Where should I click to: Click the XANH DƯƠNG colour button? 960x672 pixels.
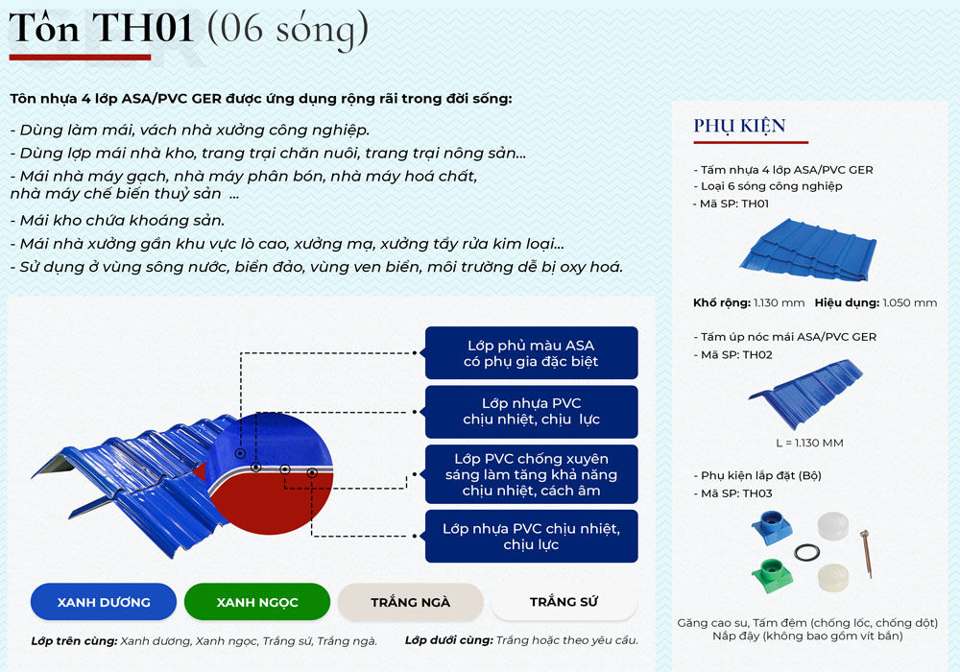coord(104,602)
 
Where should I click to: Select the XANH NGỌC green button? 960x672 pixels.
coord(257,602)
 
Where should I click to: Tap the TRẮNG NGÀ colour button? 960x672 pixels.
coord(410,602)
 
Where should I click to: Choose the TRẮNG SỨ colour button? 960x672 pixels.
coord(564,602)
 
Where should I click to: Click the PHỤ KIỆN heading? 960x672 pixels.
coord(739,126)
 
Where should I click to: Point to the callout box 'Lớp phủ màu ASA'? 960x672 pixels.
coord(532,353)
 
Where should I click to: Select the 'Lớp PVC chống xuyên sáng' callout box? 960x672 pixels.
coord(532,474)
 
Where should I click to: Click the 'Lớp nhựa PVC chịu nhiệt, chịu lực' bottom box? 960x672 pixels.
coord(532,536)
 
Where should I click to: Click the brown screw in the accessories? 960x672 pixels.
coord(866,554)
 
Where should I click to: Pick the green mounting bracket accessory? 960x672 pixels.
coord(772,575)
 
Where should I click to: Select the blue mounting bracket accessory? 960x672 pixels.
coord(772,527)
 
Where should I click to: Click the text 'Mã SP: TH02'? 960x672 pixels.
coord(736,355)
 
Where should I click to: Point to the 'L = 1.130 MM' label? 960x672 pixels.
coord(809,443)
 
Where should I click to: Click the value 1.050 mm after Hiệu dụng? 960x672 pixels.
coord(910,302)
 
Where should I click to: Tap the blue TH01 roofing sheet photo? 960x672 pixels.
coord(808,250)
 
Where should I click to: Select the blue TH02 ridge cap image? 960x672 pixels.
coord(805,395)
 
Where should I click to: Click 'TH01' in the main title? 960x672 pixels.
coord(143,28)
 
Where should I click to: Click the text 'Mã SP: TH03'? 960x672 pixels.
coord(736,493)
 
